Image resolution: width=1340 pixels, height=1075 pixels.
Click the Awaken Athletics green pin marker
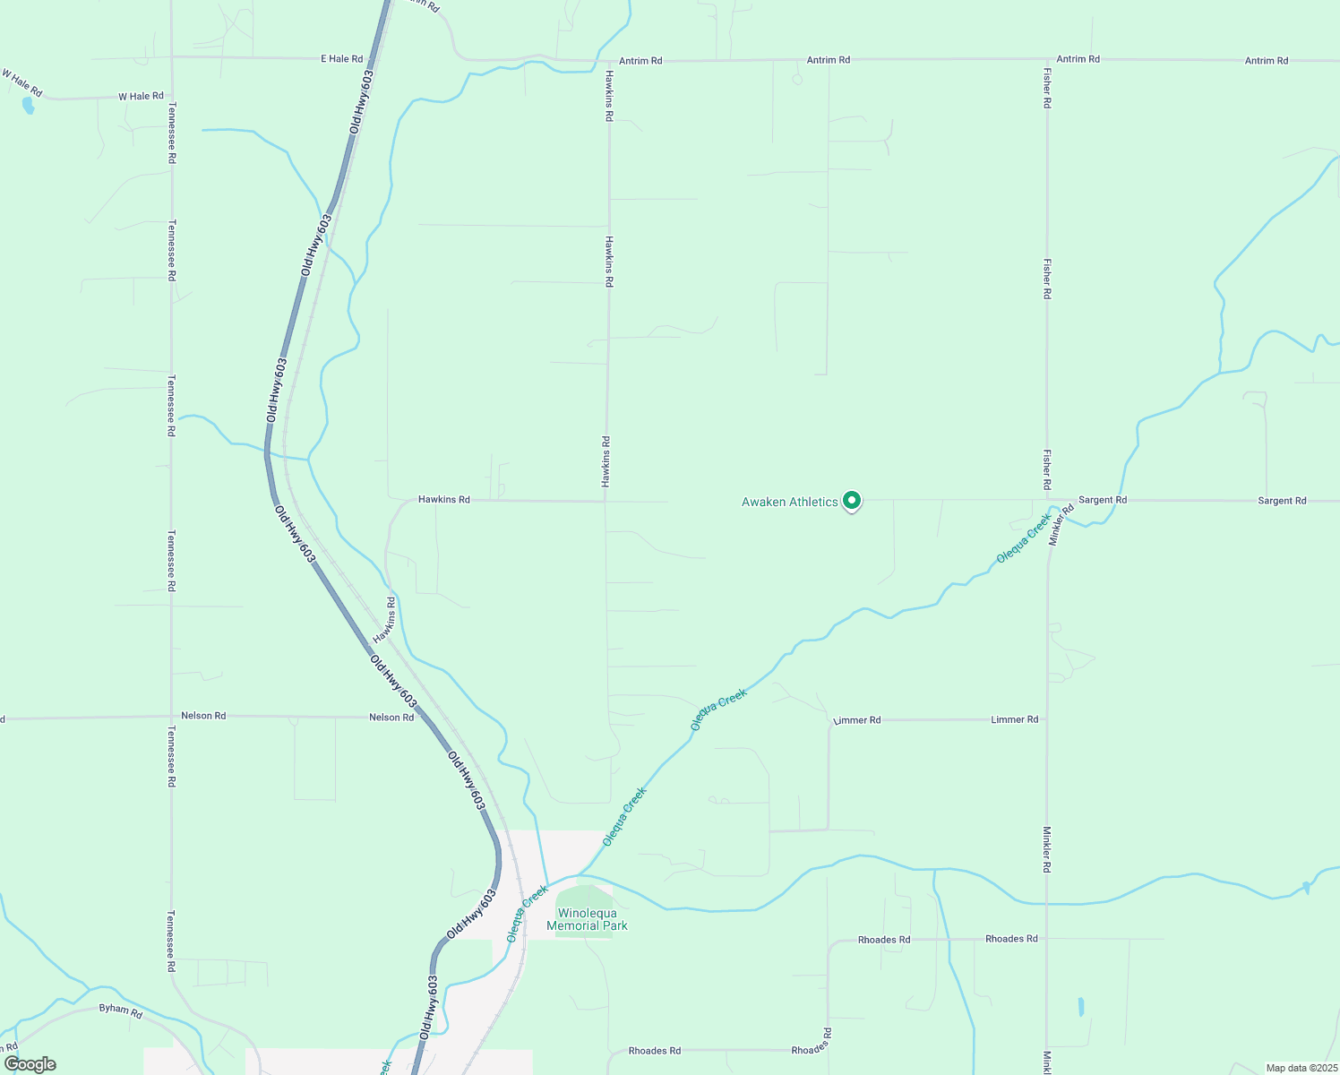click(x=852, y=501)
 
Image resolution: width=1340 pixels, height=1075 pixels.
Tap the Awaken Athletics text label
click(x=789, y=503)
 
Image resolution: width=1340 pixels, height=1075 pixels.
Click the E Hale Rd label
click(x=341, y=59)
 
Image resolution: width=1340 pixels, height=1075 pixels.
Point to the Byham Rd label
click(x=120, y=1010)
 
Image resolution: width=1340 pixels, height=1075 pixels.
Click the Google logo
click(x=30, y=1064)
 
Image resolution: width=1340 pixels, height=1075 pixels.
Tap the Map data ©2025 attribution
click(x=1301, y=1068)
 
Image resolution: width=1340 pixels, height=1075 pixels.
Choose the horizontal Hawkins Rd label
click(x=443, y=499)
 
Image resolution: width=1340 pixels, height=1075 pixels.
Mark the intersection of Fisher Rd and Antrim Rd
click(x=1046, y=60)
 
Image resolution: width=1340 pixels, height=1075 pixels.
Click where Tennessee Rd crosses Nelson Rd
click(x=171, y=717)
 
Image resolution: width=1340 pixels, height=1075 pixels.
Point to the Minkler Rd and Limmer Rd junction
click(x=1046, y=719)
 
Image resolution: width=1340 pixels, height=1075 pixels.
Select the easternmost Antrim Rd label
click(x=1266, y=61)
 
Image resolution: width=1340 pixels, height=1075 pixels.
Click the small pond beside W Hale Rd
click(x=28, y=106)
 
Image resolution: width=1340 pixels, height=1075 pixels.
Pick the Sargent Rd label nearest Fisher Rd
click(x=1102, y=500)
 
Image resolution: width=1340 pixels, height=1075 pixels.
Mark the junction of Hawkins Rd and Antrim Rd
click(x=608, y=61)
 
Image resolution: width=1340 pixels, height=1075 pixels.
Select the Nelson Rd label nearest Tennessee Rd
click(x=203, y=716)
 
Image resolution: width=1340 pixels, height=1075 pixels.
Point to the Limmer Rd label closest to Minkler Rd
click(x=1014, y=719)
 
